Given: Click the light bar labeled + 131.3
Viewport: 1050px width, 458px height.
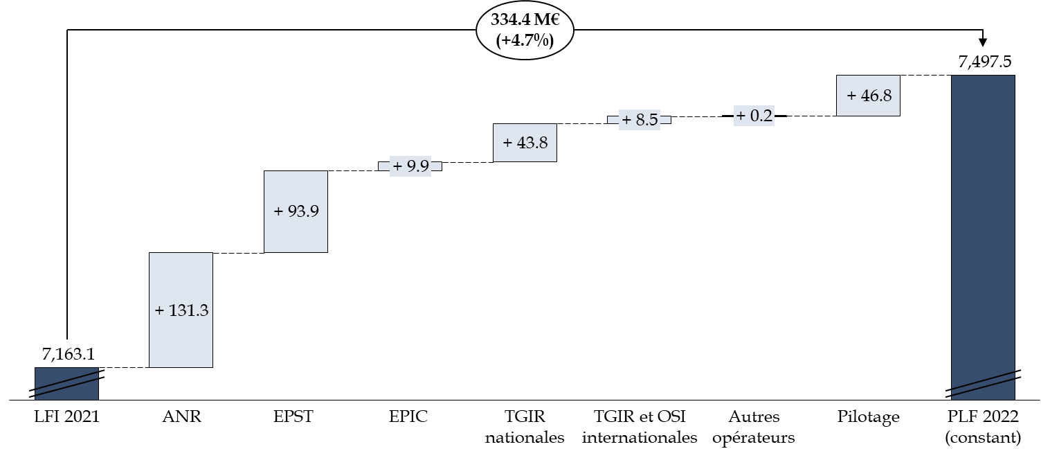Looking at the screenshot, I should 181,277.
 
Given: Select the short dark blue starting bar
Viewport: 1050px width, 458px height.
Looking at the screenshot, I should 66,391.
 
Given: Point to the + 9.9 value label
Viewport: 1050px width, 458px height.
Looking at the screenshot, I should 410,166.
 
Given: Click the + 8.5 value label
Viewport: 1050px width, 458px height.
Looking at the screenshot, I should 640,120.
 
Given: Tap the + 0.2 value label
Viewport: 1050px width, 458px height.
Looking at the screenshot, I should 754,116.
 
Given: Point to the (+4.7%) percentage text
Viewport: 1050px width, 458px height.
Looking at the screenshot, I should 525,41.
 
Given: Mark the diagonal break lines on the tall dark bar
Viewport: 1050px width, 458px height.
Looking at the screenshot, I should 983,385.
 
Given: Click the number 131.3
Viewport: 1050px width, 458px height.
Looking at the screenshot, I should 188,310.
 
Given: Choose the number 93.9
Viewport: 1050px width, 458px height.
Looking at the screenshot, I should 303,211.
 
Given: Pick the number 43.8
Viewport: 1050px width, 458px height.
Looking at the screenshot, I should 532,143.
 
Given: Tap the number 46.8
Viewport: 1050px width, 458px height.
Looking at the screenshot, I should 876,96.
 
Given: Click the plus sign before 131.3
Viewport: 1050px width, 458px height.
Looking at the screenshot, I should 160,310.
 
